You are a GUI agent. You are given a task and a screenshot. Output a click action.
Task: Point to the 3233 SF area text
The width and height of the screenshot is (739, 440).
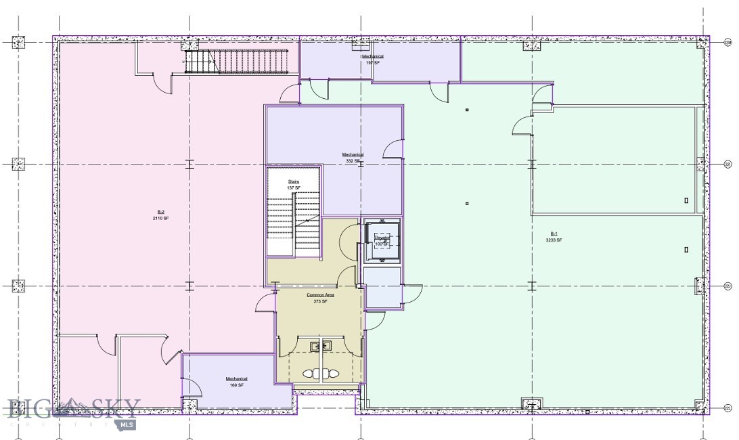(554, 240)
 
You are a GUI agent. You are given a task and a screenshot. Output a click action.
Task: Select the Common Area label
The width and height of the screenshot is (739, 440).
(320, 294)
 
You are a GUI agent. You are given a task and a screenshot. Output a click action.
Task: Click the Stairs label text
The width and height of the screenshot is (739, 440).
(294, 181)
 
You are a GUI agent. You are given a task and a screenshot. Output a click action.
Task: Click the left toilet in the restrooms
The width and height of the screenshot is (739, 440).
(309, 373)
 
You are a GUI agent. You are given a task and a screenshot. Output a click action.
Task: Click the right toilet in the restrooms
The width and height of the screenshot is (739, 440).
(334, 373)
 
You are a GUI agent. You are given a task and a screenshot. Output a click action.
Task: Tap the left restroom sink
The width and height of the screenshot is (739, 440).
(315, 346)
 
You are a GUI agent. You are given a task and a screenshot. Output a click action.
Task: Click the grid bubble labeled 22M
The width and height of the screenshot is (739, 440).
(728, 42)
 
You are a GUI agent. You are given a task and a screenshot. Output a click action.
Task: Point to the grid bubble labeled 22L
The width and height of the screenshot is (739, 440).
(728, 408)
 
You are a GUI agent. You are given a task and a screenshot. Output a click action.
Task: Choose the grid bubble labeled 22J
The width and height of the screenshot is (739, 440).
(728, 286)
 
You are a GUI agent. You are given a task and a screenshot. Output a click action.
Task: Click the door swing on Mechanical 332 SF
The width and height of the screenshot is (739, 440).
(394, 149)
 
